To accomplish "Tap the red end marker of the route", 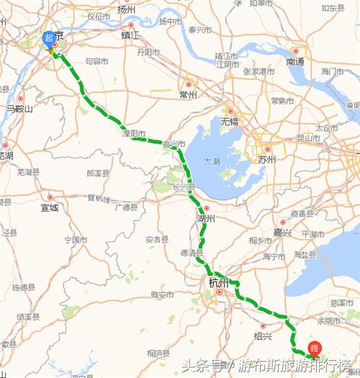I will (x=314, y=348).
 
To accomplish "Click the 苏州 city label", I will (x=265, y=159).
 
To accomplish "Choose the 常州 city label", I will (x=189, y=94).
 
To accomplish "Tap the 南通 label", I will (x=295, y=61).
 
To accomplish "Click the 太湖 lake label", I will (x=211, y=161).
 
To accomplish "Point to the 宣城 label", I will (x=49, y=207).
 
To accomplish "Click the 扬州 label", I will (x=126, y=9).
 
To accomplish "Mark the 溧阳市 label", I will (x=132, y=134).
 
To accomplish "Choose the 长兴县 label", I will (x=184, y=187).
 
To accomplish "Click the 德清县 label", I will (x=192, y=252).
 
